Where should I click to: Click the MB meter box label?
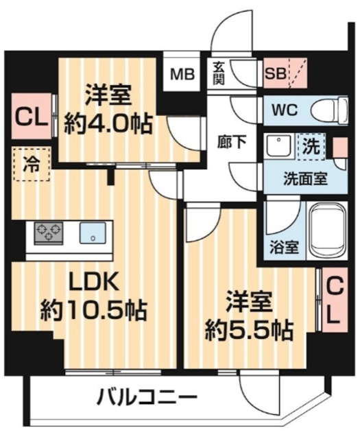182,73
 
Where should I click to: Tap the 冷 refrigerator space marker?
32,165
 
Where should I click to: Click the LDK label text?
94,282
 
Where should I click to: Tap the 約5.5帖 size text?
250,331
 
